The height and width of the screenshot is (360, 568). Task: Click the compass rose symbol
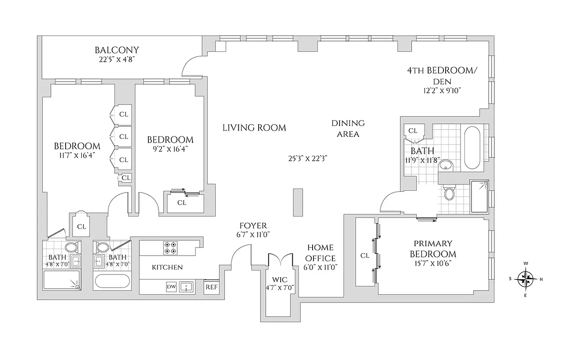coord(525,279)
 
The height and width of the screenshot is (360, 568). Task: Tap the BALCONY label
coord(116,50)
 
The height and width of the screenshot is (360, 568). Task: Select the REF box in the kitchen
coord(210,287)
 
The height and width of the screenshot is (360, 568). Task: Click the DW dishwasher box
coord(171,287)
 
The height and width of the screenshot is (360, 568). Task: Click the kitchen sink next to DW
coord(186,287)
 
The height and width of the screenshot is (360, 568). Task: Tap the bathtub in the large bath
coord(472,148)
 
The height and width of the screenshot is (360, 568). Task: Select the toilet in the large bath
coord(449,193)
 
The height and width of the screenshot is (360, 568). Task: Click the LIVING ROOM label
coord(254,128)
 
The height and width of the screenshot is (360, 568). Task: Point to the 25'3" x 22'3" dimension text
coord(308,158)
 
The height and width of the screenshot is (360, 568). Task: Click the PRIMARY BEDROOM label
coord(433,249)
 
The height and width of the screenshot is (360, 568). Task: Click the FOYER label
coord(253,225)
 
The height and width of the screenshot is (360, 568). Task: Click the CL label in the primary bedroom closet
coord(365,256)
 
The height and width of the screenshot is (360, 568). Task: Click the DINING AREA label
coord(348,128)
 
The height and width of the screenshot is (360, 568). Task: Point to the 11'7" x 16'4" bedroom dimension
coord(77,155)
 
